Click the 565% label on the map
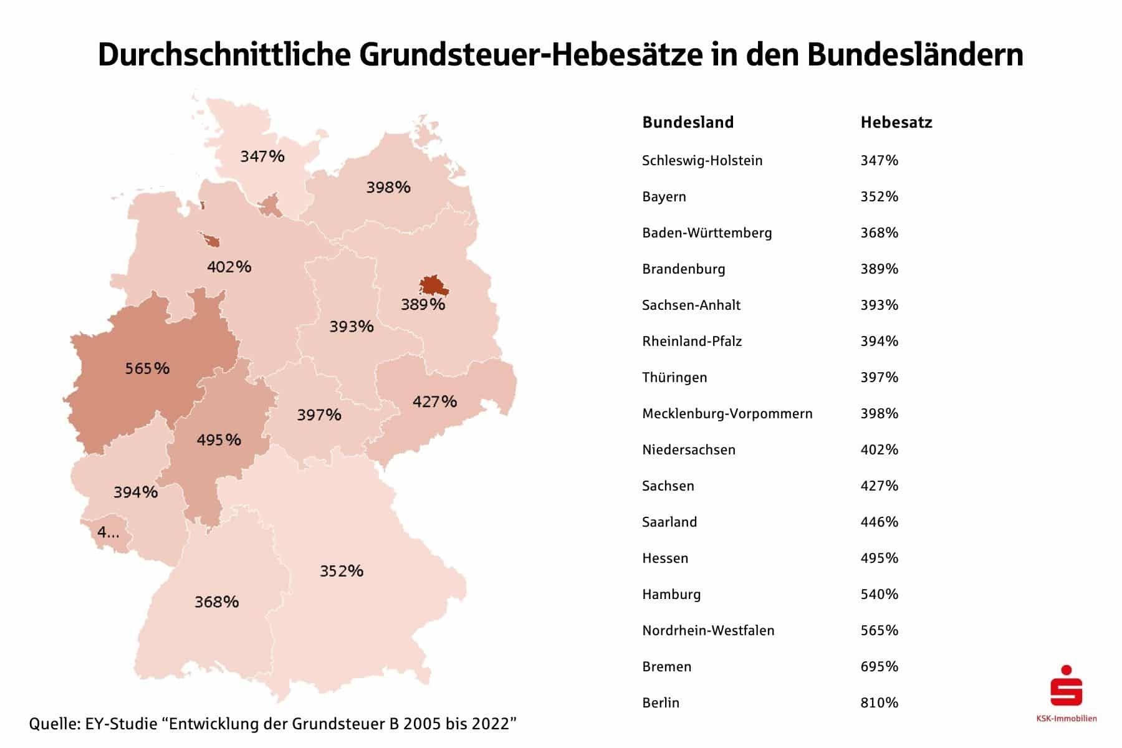coord(147,368)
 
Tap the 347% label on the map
coord(262,156)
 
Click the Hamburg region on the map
coord(271,205)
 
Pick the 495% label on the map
coord(219,440)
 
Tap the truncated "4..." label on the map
coord(108,533)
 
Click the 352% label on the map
coord(342,571)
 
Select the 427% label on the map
coord(434,401)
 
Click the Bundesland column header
coord(688,122)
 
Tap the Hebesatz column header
coord(896,122)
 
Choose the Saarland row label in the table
coord(669,522)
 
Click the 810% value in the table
coord(879,702)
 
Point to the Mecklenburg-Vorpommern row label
coord(727,413)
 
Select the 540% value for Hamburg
coord(879,594)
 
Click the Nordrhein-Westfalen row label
coord(708,630)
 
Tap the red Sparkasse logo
coord(1066,686)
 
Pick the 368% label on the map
coord(216,602)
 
